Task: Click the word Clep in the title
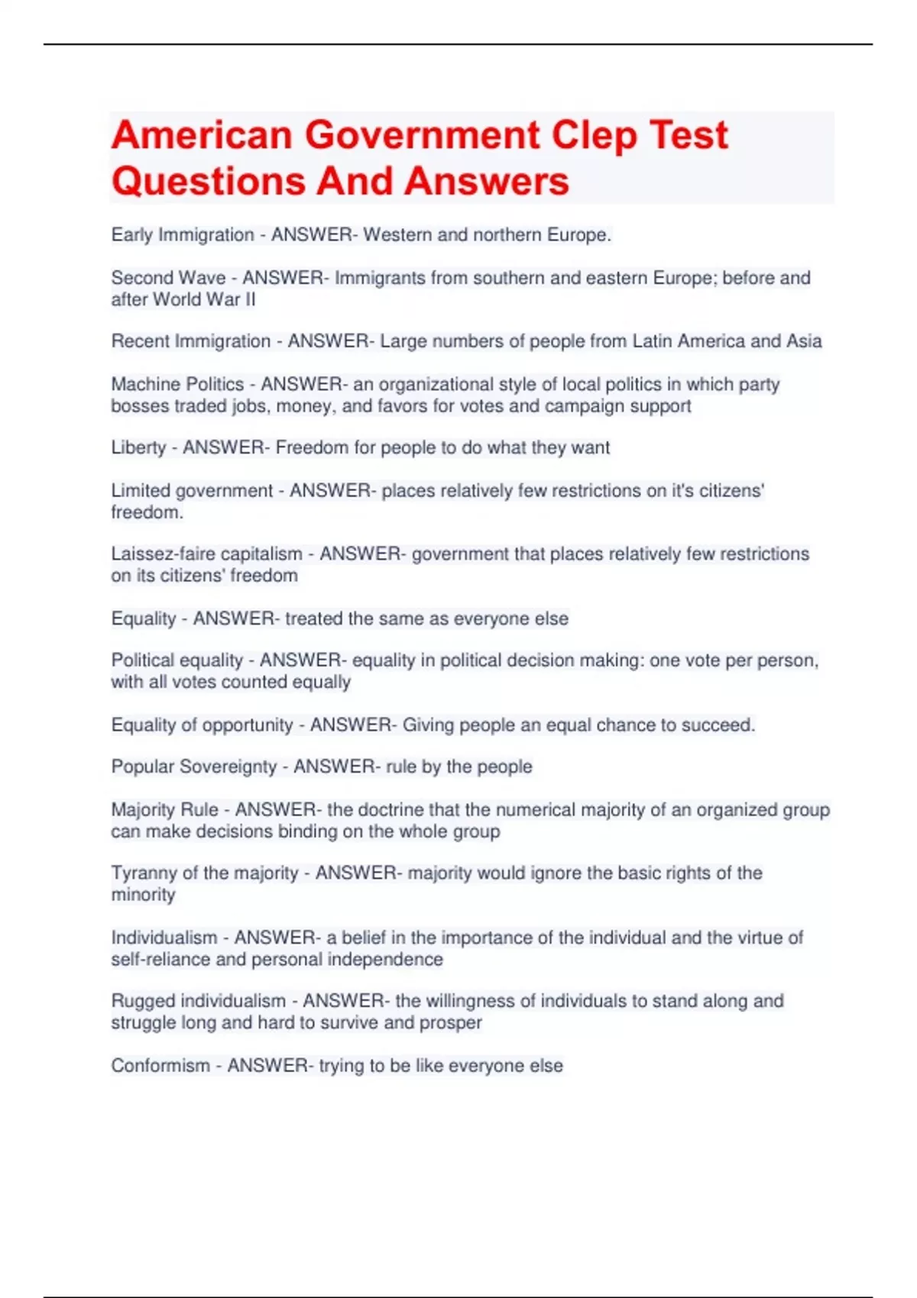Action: [x=594, y=136]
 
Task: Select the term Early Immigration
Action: [x=183, y=235]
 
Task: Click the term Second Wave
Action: [x=168, y=278]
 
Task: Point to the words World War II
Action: [x=204, y=299]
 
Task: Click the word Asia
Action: [x=804, y=341]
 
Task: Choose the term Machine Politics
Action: [x=177, y=384]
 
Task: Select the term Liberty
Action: [x=138, y=447]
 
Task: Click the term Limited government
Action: [x=192, y=491]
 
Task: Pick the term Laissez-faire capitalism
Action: [x=206, y=554]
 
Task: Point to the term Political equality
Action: [x=177, y=660]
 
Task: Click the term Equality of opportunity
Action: [x=202, y=725]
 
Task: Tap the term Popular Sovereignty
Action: [x=193, y=767]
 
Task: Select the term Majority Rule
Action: [x=164, y=809]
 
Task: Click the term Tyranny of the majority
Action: [x=204, y=873]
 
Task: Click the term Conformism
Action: [x=160, y=1066]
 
